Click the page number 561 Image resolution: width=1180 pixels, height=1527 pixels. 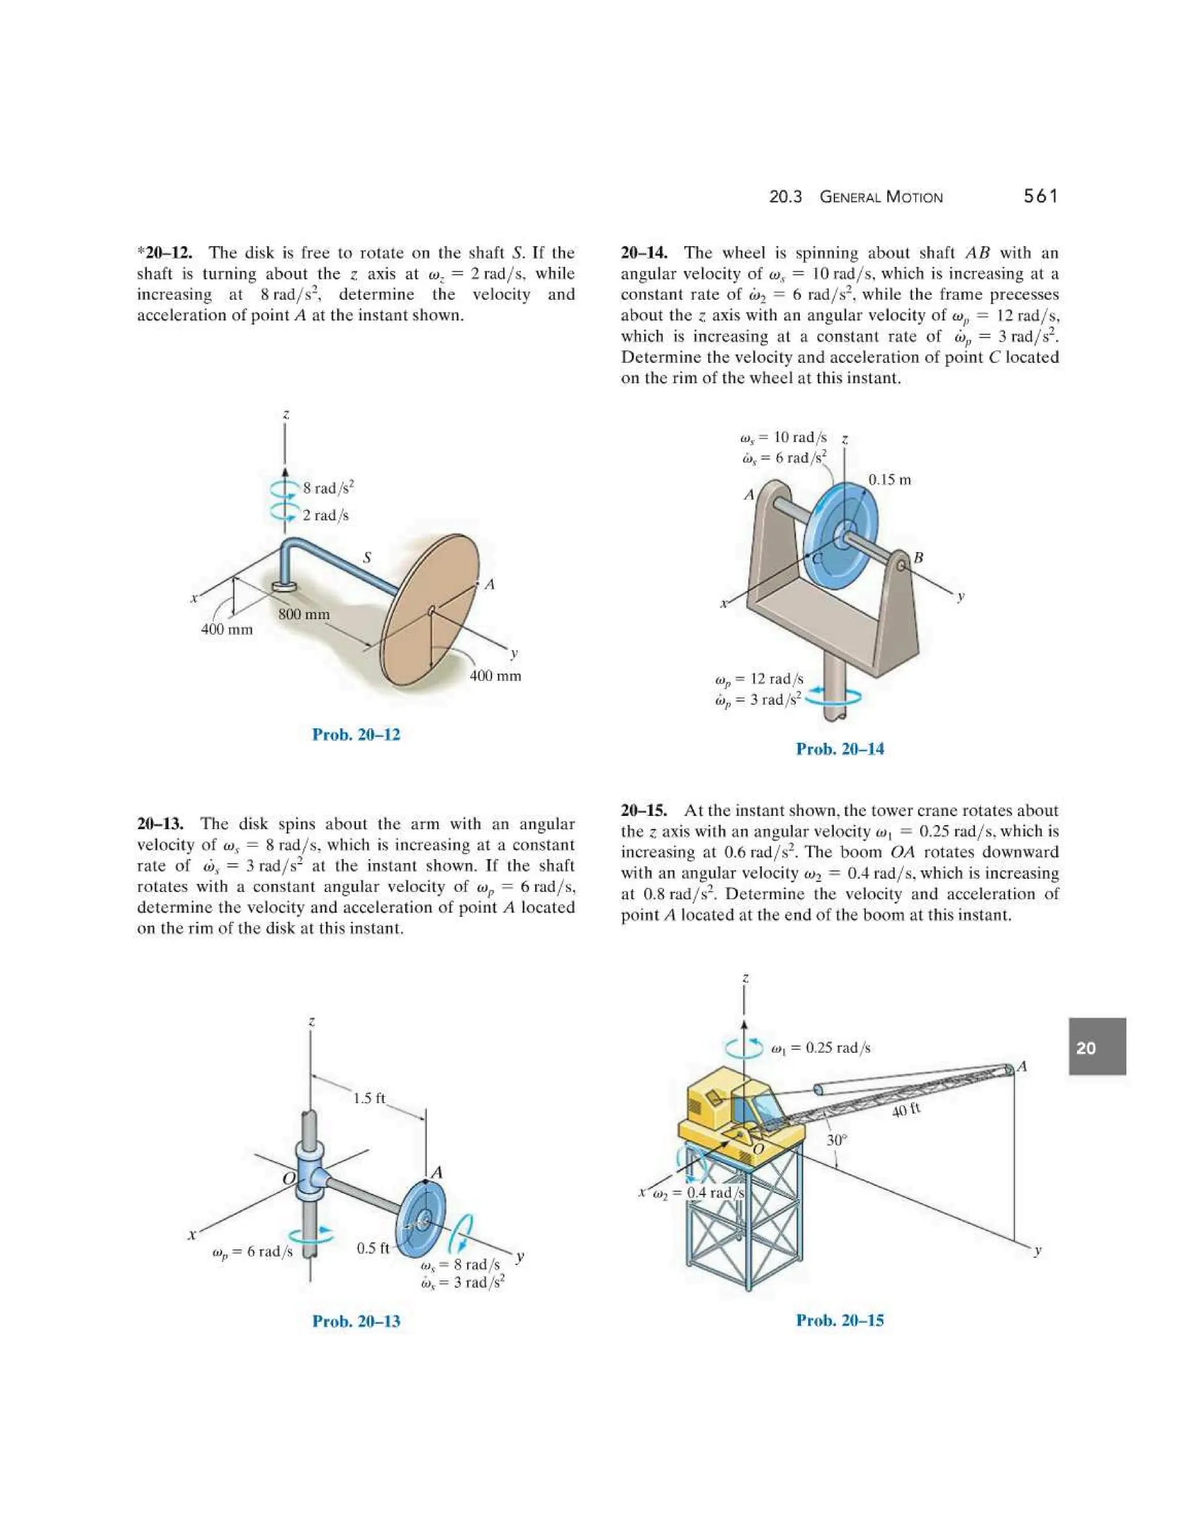[1040, 196]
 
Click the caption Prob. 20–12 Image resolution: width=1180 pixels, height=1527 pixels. [356, 735]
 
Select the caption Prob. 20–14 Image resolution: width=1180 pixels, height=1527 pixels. [839, 749]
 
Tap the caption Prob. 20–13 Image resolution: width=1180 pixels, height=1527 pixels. [356, 1321]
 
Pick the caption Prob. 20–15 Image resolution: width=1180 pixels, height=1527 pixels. [839, 1321]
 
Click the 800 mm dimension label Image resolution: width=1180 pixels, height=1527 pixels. [304, 614]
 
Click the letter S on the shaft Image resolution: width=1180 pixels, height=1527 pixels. [366, 557]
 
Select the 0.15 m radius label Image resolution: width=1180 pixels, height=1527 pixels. [889, 479]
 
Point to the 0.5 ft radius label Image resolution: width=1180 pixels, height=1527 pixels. [373, 1248]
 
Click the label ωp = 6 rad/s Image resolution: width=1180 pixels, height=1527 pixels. [252, 1252]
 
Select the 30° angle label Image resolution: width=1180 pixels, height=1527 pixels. [836, 1140]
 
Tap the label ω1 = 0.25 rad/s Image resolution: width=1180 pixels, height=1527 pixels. [820, 1048]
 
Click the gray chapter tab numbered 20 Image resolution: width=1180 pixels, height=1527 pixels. [1097, 1046]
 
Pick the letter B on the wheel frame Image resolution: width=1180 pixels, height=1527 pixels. [918, 557]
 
